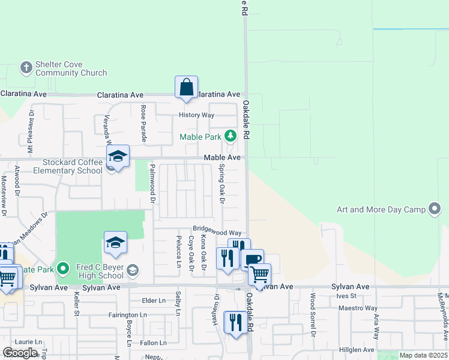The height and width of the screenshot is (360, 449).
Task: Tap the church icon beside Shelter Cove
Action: [x=26, y=67]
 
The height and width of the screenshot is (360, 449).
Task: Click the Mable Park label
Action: [x=200, y=137]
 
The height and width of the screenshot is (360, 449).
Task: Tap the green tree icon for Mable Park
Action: [x=230, y=136]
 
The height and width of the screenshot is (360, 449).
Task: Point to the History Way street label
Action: [x=196, y=115]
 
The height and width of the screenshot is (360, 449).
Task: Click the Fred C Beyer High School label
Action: [x=100, y=271]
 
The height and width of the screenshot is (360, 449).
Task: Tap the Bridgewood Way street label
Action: [x=217, y=232]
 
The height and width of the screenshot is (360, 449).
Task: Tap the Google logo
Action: [x=20, y=353]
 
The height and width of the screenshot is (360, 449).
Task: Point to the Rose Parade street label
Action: [x=143, y=124]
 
